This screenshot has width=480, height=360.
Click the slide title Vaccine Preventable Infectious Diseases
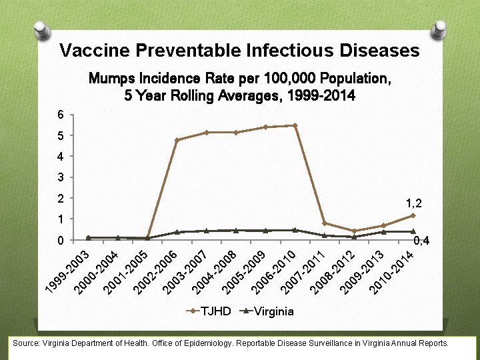[239, 51]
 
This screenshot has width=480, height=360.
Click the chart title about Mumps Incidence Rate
[239, 87]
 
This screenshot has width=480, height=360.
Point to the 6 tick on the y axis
[61, 115]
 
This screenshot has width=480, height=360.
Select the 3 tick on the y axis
[61, 177]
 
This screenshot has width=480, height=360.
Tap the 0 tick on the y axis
[61, 240]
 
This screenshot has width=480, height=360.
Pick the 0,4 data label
[421, 241]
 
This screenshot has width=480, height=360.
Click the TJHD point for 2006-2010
[295, 125]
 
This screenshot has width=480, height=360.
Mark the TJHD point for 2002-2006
[177, 140]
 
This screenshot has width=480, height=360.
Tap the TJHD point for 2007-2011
[324, 223]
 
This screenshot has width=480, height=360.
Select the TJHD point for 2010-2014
[413, 215]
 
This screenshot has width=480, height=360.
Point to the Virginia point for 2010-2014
[413, 231]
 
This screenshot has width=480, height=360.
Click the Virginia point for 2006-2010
[295, 230]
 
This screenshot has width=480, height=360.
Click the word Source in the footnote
[24, 343]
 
